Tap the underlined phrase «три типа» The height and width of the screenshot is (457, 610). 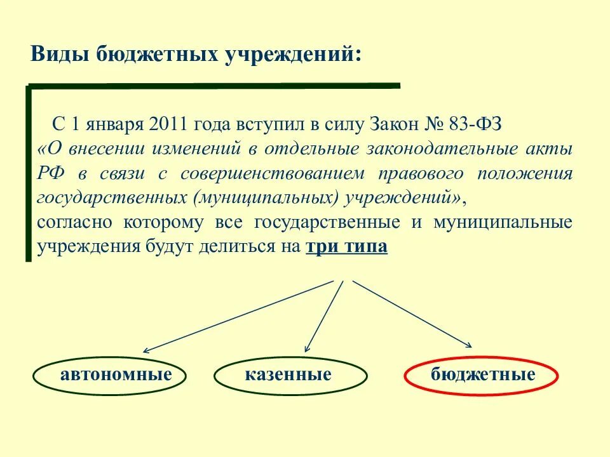coord(347,247)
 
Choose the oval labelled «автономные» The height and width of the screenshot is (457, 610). coord(109,374)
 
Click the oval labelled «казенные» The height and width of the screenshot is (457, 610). coord(288,374)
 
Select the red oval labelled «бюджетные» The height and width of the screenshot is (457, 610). coord(481,374)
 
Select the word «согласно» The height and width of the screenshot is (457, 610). coord(75,223)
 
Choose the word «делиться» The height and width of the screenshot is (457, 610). coord(238,247)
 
